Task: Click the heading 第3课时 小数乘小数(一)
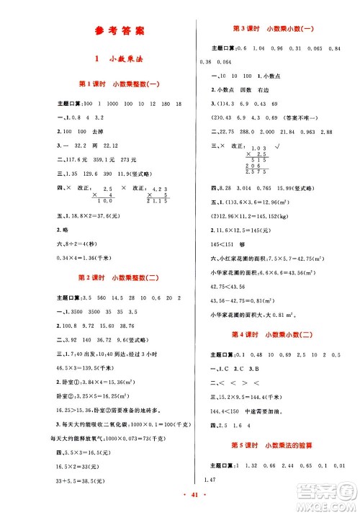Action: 272,28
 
